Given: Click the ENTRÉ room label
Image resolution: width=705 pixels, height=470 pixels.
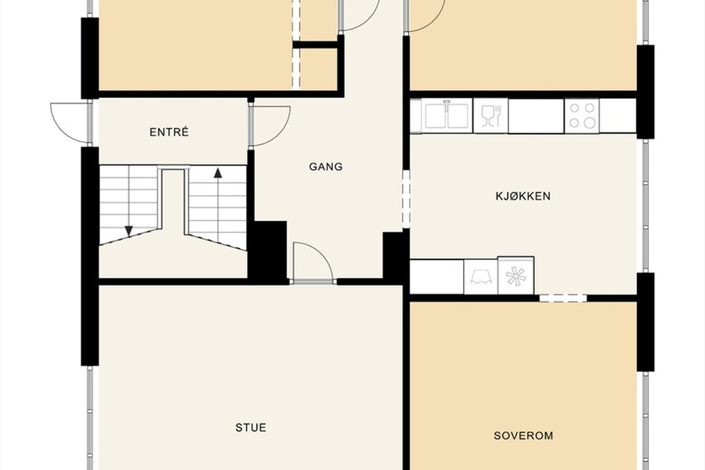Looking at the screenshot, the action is (169, 132).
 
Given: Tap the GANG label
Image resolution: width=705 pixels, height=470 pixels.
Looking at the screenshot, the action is (326, 167).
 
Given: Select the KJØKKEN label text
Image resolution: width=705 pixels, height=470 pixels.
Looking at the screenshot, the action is (523, 196).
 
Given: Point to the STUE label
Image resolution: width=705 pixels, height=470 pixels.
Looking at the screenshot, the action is (251, 427).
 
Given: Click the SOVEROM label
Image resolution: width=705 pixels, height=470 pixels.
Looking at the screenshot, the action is (523, 436).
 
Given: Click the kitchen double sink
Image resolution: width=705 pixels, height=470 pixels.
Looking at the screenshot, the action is (447, 116).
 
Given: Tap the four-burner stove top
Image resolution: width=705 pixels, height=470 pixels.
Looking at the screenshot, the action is (582, 116).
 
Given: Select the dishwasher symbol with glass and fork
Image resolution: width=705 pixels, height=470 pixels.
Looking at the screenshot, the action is (490, 116).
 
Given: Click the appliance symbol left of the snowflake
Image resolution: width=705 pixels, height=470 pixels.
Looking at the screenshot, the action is (481, 277).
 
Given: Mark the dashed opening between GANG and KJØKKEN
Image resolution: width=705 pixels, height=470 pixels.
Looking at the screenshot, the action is (406, 198).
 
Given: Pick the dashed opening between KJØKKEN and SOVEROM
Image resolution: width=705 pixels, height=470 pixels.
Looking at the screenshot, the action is (563, 298).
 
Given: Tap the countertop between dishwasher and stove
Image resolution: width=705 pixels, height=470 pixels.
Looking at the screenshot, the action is (536, 116).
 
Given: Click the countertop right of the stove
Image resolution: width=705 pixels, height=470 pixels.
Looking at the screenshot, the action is (618, 116).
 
